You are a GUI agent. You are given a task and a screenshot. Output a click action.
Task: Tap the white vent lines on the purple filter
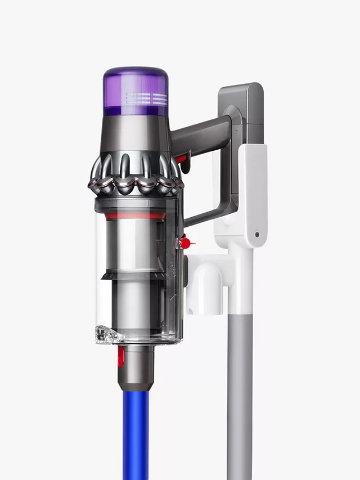point(147,99)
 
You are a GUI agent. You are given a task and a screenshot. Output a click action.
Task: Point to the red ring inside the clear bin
point(136,215)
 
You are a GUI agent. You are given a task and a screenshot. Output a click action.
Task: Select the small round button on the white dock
point(256,234)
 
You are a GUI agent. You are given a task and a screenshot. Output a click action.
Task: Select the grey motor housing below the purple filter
point(136,135)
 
